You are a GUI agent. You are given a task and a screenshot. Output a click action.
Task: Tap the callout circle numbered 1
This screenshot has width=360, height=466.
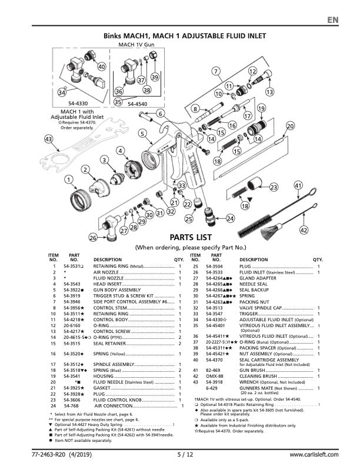(69, 179)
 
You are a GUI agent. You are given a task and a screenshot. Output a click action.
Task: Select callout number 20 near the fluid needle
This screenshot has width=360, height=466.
(290, 126)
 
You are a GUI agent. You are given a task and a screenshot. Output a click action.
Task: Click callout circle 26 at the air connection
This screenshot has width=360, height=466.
(93, 238)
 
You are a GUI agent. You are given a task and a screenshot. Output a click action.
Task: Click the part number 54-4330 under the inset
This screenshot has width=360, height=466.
(71, 103)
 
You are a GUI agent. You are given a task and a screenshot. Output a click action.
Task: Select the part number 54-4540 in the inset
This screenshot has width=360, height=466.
(138, 103)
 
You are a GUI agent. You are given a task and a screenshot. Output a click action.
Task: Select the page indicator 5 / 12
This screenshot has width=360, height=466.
(184, 455)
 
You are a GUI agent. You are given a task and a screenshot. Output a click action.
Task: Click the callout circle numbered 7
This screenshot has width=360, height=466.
(216, 72)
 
